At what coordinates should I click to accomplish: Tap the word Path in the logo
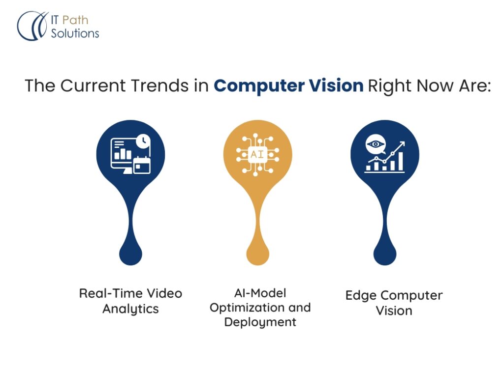click(75, 20)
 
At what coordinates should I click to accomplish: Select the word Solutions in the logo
click(75, 33)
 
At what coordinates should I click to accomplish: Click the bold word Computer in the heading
click(259, 86)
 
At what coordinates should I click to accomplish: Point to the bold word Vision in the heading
click(336, 85)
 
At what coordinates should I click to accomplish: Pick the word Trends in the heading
click(159, 85)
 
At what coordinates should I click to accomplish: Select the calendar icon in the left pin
click(142, 165)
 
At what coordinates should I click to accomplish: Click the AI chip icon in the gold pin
click(257, 155)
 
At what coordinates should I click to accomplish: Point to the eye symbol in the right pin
click(375, 144)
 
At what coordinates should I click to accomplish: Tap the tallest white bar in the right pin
click(401, 161)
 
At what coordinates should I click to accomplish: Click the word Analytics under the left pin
click(130, 309)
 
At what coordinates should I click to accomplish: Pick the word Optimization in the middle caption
click(247, 308)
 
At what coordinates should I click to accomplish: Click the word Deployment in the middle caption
click(260, 322)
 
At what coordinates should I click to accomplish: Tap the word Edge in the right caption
click(359, 296)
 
